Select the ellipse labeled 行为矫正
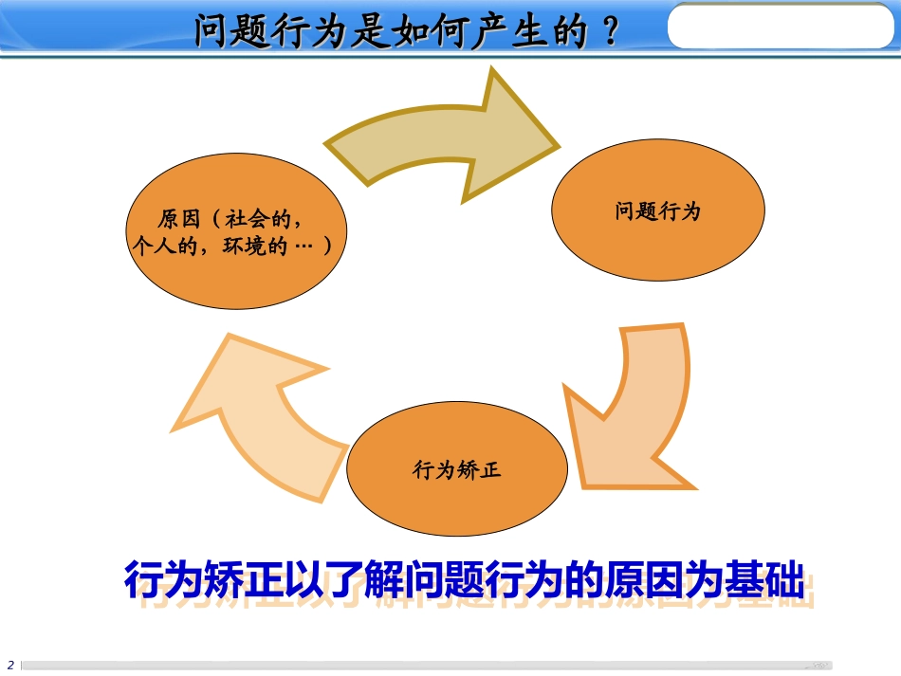tap(457, 469)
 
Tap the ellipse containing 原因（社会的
tap(236, 232)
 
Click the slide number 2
tap(10, 664)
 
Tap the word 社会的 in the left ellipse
tap(262, 219)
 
